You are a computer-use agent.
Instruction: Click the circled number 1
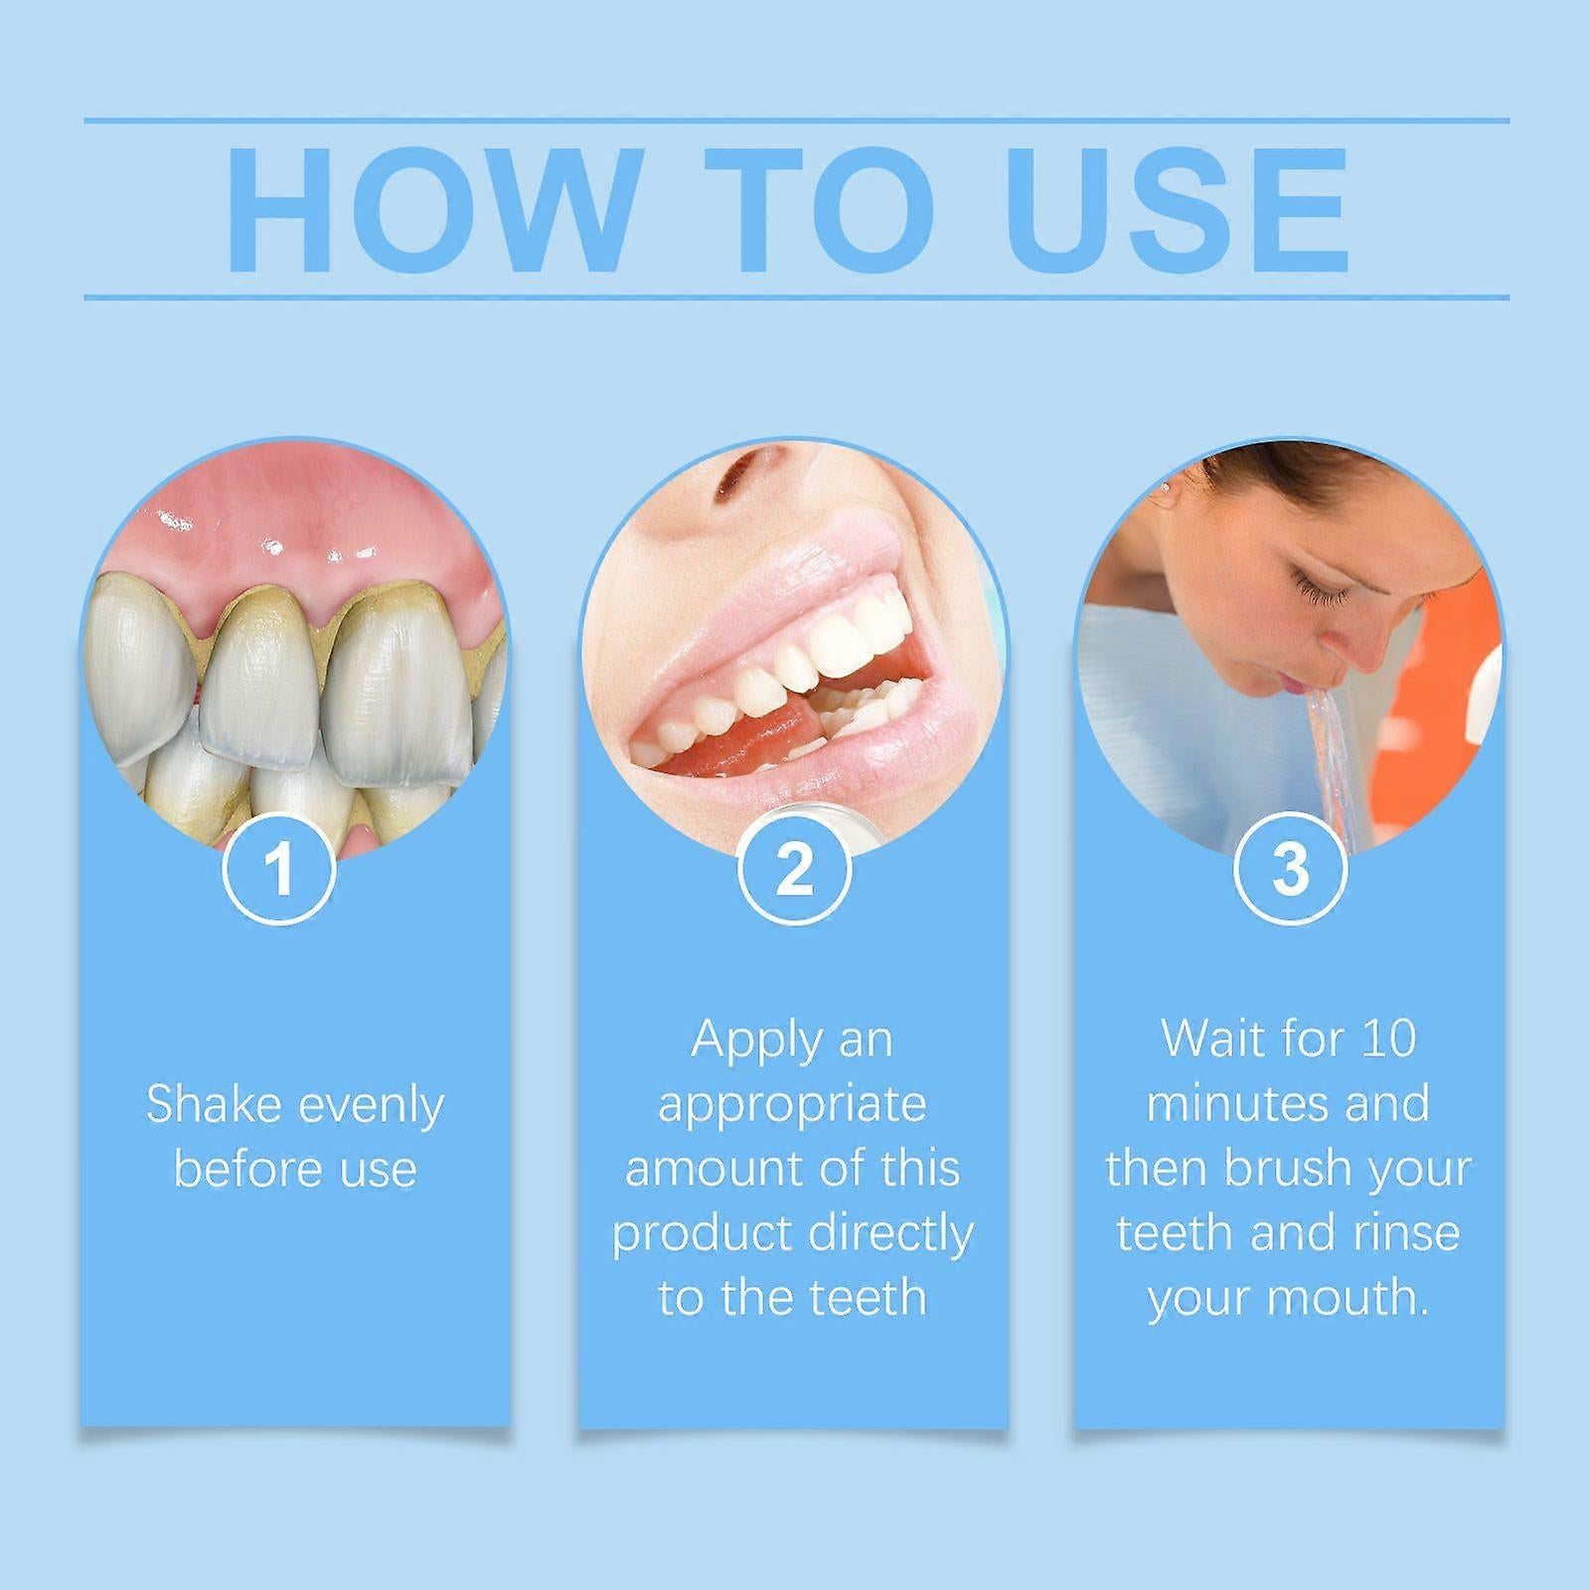coord(279,869)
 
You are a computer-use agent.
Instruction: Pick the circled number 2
coord(793,869)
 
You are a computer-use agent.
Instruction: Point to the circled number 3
coord(1289,869)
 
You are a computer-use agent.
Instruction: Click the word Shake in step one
coord(209,1104)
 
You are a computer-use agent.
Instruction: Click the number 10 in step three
coord(1388,1039)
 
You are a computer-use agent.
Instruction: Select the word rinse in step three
coord(1408,1233)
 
